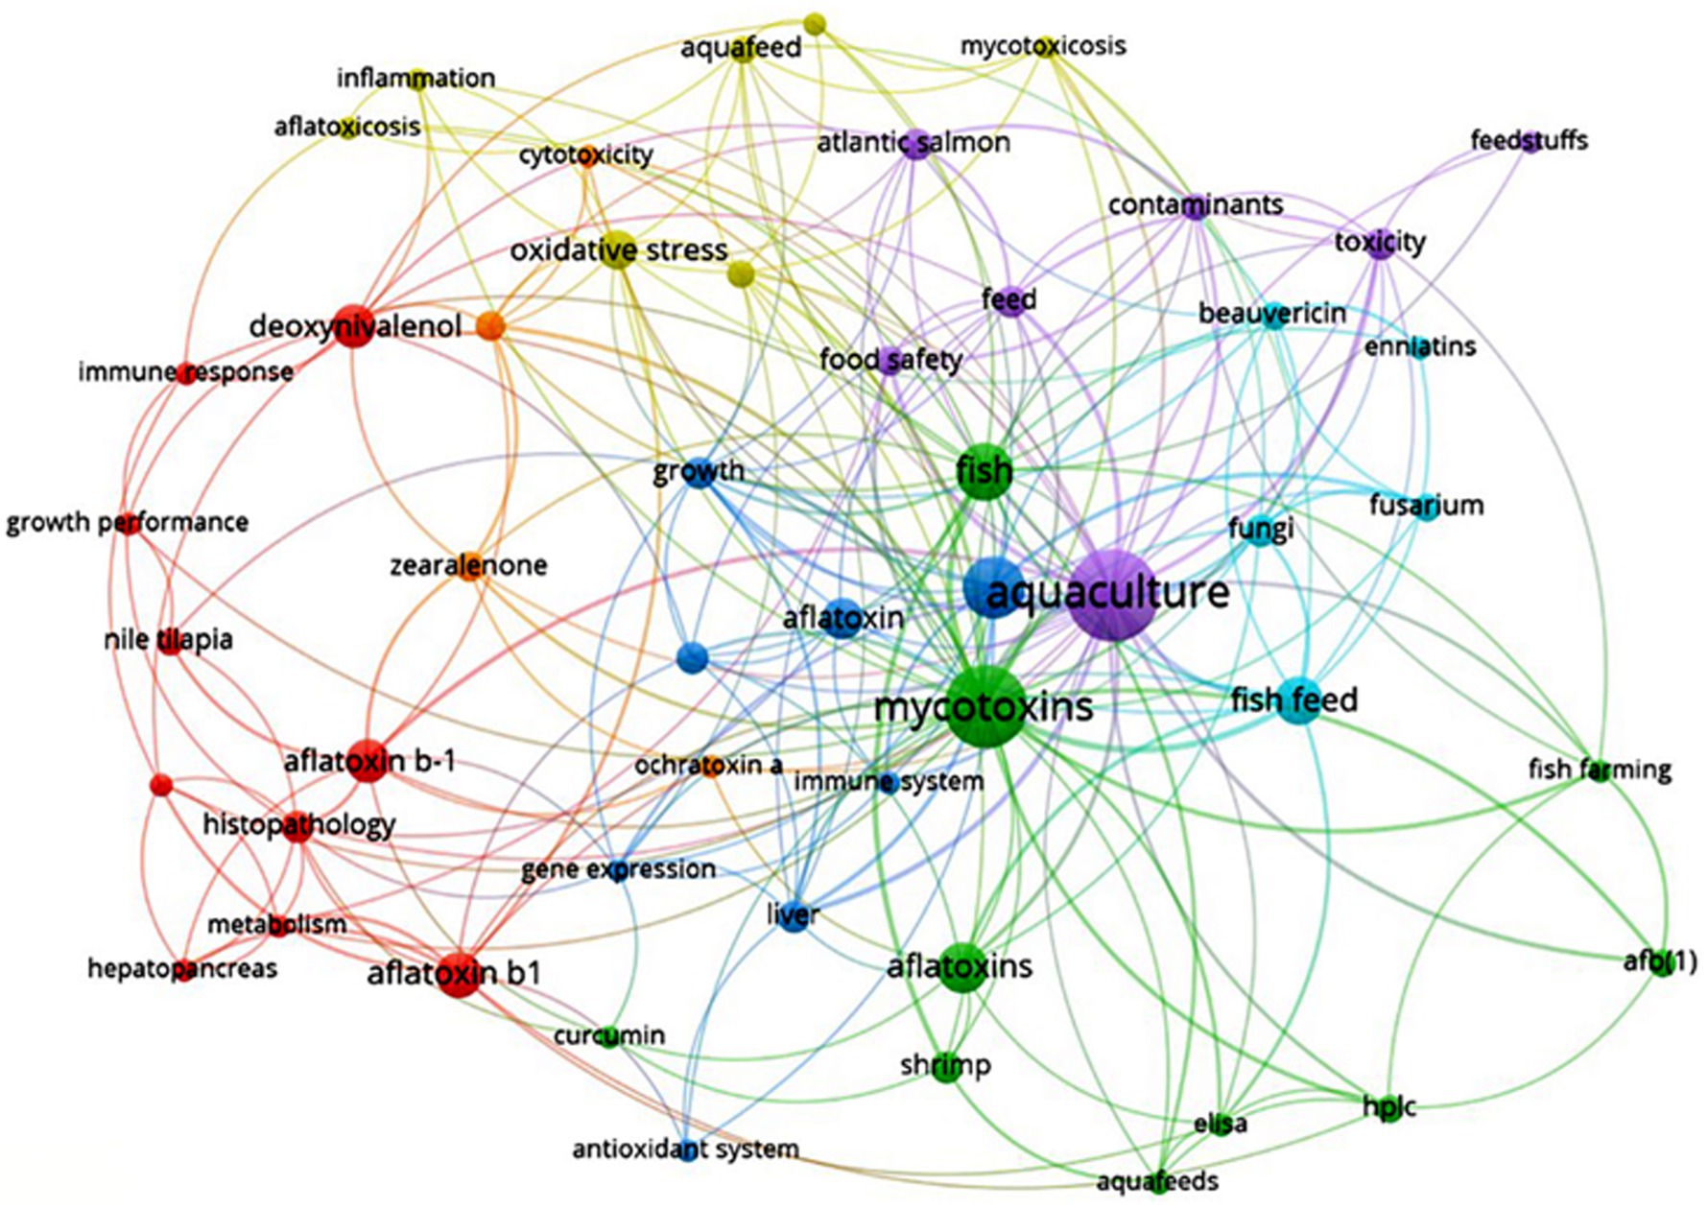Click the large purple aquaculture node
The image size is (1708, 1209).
pos(1112,596)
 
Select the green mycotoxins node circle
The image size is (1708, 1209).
pos(985,706)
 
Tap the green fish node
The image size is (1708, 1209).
pos(984,471)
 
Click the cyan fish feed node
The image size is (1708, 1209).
pos(1297,700)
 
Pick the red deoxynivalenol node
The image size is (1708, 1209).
pos(354,327)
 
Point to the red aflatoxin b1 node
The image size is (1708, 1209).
pos(459,975)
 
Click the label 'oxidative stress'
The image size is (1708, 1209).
pos(619,250)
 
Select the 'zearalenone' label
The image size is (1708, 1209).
pos(468,565)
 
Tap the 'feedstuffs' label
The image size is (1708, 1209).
pos(1529,141)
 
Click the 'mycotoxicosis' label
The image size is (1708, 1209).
pos(1043,46)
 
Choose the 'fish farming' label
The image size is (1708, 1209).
pos(1600,770)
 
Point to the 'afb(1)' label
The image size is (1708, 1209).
pos(1660,961)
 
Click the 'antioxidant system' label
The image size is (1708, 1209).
pos(685,1150)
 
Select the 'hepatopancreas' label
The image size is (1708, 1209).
pos(182,969)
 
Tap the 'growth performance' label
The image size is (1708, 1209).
pos(128,523)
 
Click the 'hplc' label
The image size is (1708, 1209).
pos(1388,1107)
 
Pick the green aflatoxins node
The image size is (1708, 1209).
pos(961,967)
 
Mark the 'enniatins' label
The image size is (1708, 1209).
pos(1420,346)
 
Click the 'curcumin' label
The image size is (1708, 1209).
pos(609,1036)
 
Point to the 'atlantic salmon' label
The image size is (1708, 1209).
pos(913,143)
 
